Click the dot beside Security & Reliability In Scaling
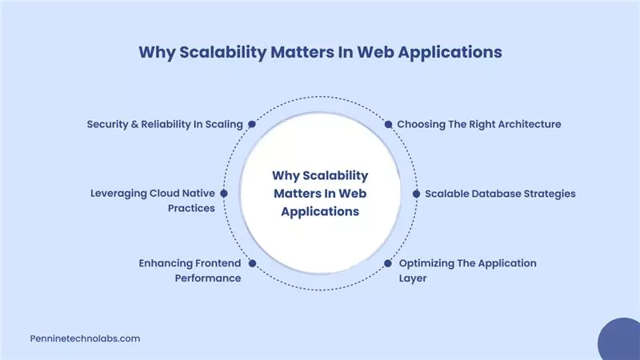pos(252,125)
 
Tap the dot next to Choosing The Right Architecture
pos(388,125)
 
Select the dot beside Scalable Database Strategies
pos(416,194)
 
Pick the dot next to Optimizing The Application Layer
pos(388,262)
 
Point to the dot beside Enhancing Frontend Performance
pos(252,262)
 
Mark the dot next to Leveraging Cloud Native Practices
pos(224,194)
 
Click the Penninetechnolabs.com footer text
pos(84,338)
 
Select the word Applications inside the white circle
pos(320,212)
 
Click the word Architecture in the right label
pos(522,125)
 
